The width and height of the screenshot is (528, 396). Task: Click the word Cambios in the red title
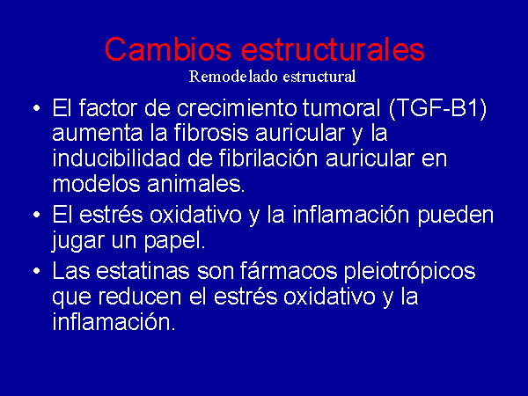(168, 49)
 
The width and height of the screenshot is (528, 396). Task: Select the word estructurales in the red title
(333, 49)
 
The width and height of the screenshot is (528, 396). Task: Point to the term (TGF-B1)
(437, 108)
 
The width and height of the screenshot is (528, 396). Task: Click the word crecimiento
(237, 108)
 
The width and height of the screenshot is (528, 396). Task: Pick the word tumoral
(341, 108)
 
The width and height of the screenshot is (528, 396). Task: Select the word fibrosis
(212, 133)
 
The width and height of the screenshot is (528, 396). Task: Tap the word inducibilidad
(116, 158)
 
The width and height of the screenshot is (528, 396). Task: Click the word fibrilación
(268, 158)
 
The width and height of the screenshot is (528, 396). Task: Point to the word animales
(195, 184)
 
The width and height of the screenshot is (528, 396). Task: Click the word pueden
(456, 216)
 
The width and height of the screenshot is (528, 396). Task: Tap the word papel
(175, 242)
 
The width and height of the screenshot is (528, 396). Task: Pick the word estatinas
(143, 271)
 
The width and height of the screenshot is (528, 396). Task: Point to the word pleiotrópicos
(409, 271)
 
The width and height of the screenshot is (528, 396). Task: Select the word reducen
(140, 297)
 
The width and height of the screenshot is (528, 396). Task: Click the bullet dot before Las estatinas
(37, 271)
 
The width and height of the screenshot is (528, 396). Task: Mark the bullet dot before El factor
(37, 108)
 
